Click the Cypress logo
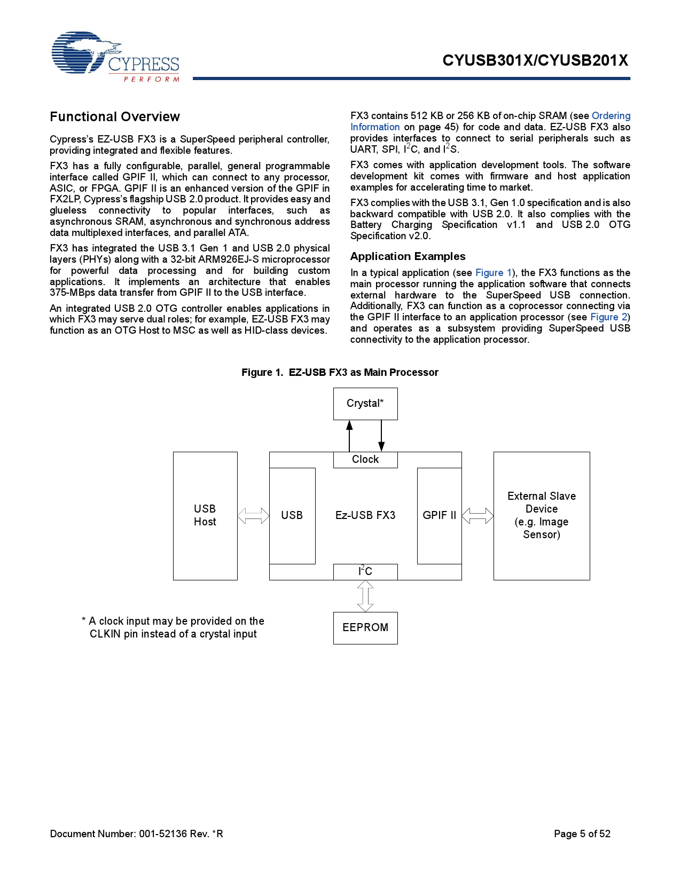pyautogui.click(x=115, y=57)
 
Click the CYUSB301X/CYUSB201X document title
pyautogui.click(x=535, y=61)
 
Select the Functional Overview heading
pyautogui.click(x=115, y=117)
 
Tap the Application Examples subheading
pyautogui.click(x=408, y=257)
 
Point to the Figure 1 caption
pyautogui.click(x=340, y=373)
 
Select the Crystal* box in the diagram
pyautogui.click(x=365, y=404)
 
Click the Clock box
pyautogui.click(x=365, y=460)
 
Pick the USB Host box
pyautogui.click(x=205, y=516)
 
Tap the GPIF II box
pyautogui.click(x=439, y=516)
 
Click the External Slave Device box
pyautogui.click(x=542, y=516)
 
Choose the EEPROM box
pyautogui.click(x=365, y=628)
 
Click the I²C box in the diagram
pyautogui.click(x=365, y=572)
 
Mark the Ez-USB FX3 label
pyautogui.click(x=365, y=516)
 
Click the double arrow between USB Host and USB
pyautogui.click(x=253, y=516)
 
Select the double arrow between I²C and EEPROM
pyautogui.click(x=365, y=596)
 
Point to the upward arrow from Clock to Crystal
pyautogui.click(x=349, y=436)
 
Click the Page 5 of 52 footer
pyautogui.click(x=582, y=834)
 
